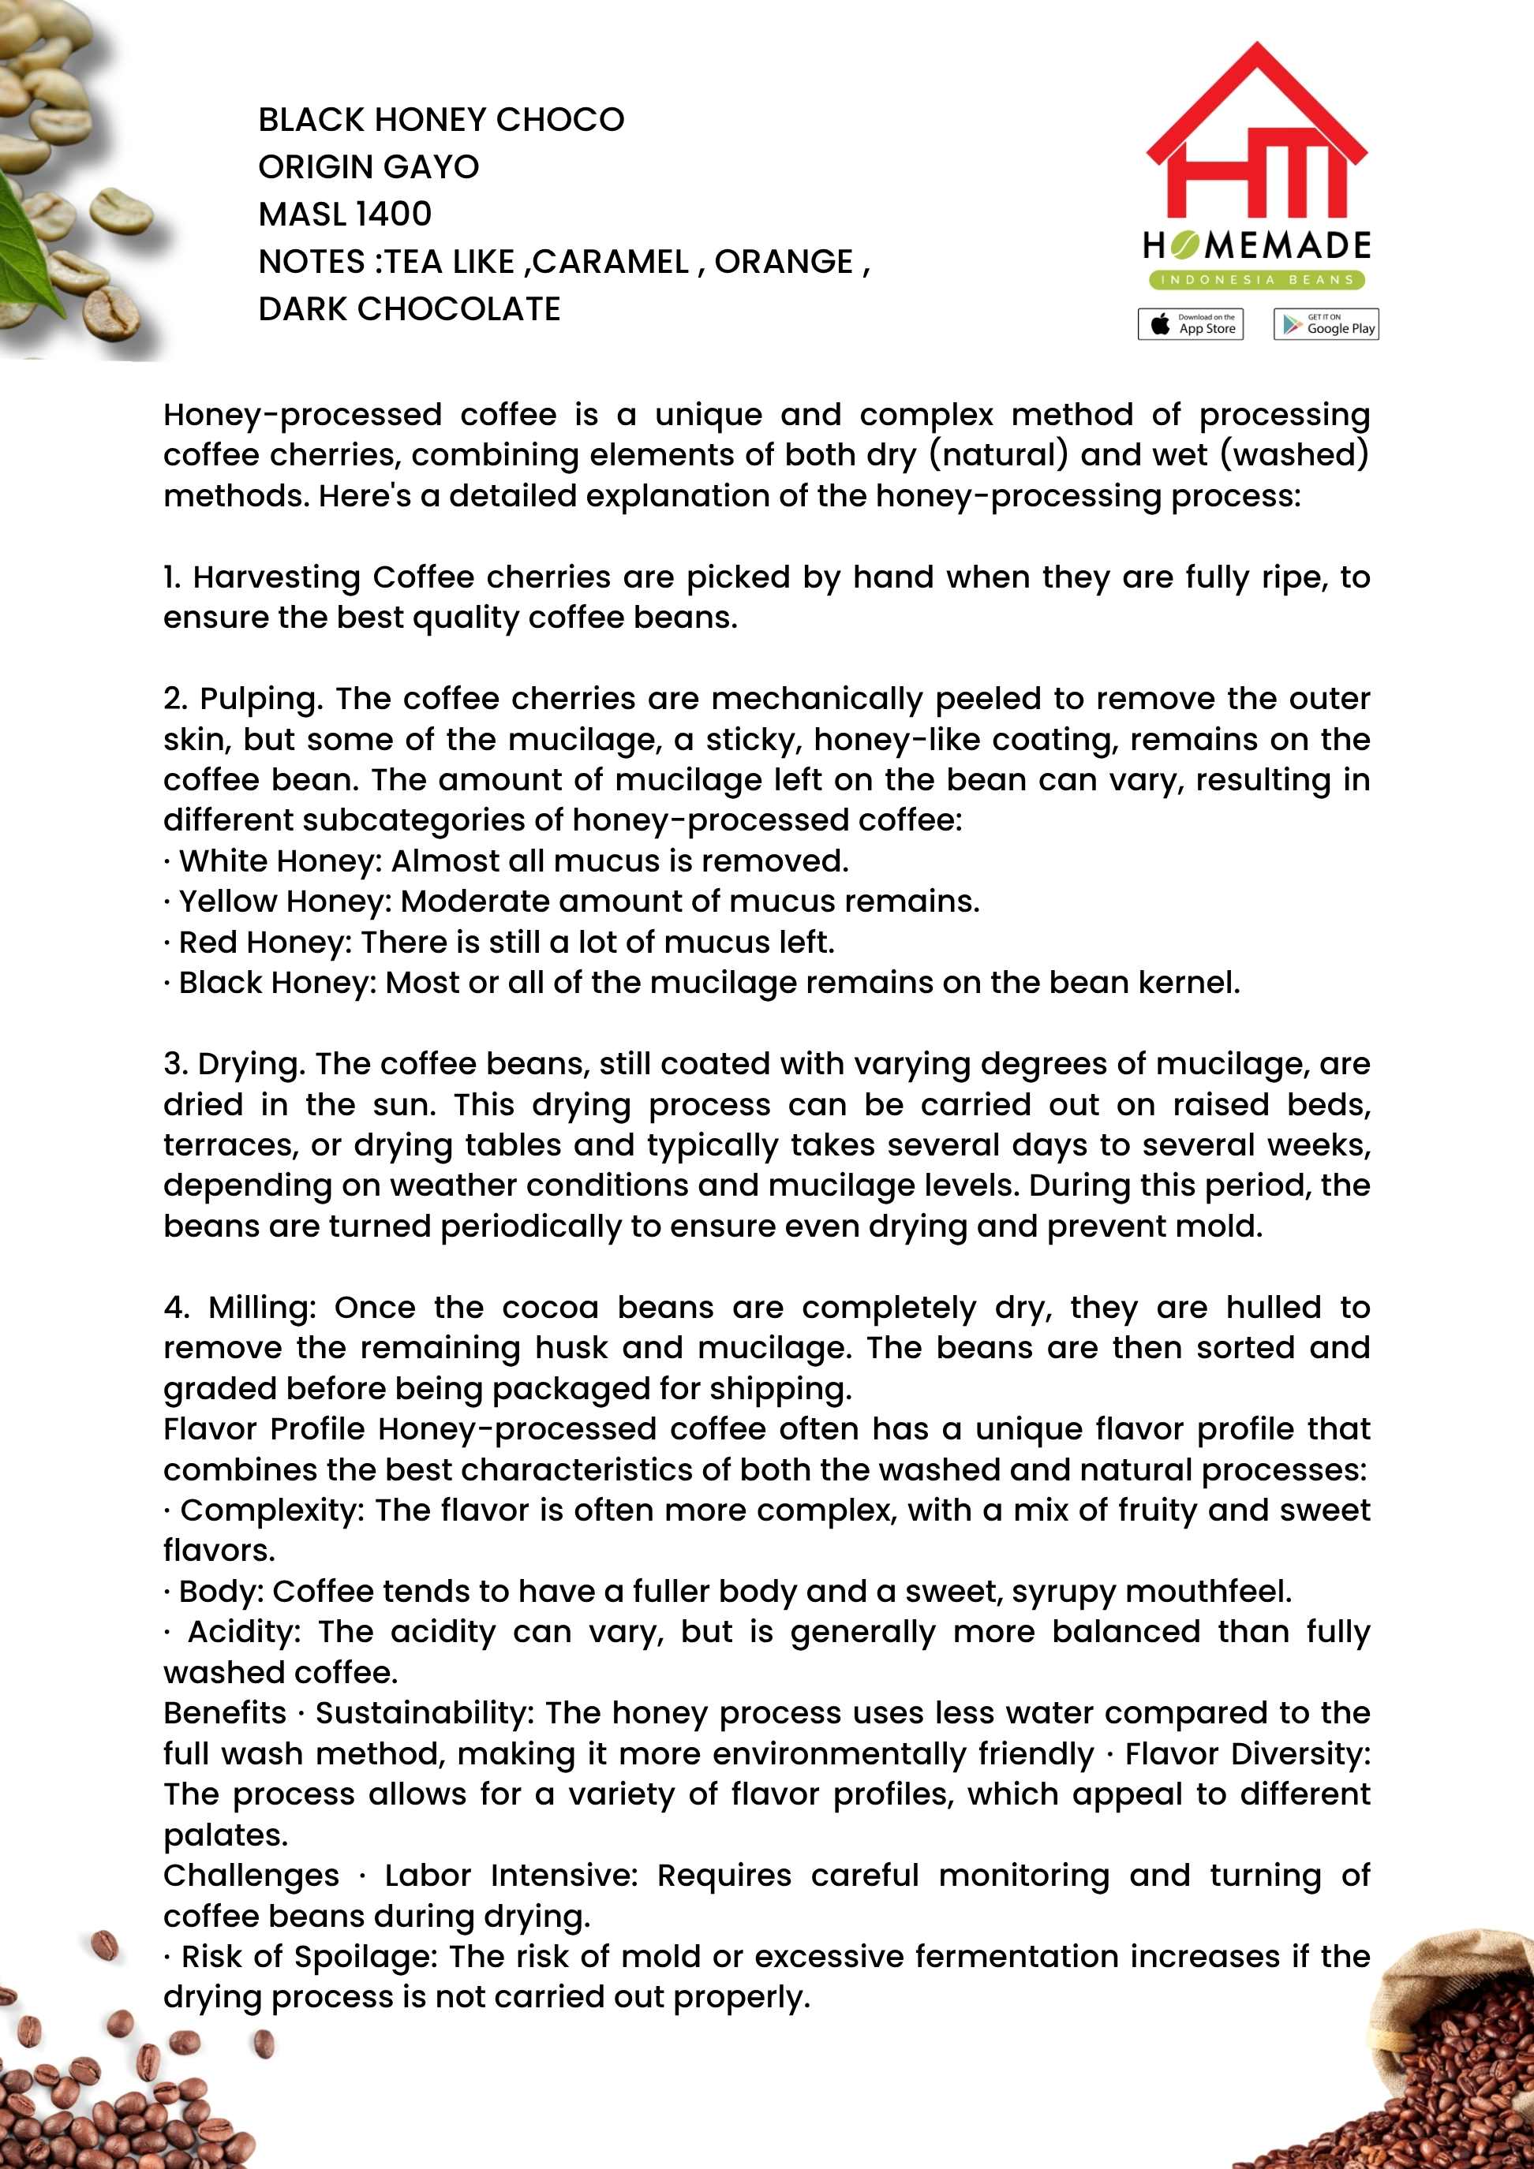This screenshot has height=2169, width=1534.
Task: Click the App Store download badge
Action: [x=1190, y=324]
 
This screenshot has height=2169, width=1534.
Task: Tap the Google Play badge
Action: [x=1325, y=324]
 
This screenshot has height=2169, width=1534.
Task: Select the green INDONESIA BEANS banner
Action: [x=1256, y=280]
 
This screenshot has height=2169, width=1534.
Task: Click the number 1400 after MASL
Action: [x=394, y=215]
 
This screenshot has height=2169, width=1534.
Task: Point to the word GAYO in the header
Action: [x=436, y=167]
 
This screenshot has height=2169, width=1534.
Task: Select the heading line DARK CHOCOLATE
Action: [x=410, y=309]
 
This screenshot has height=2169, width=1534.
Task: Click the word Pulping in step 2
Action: [x=261, y=699]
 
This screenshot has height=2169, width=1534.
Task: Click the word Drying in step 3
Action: [x=250, y=1065]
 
